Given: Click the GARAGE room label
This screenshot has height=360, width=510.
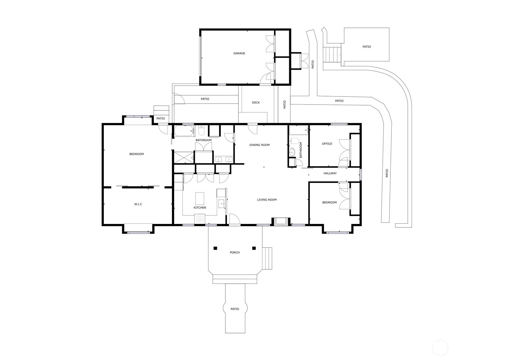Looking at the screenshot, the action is [x=239, y=53].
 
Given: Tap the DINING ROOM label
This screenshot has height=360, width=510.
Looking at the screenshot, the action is [x=259, y=145].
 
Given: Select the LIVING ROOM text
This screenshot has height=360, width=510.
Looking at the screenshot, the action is [x=267, y=200].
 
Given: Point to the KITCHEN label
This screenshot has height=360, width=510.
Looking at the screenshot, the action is [x=200, y=208].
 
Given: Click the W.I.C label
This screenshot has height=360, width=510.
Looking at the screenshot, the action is [x=138, y=204].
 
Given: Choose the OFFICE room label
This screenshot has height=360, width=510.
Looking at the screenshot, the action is [x=327, y=144].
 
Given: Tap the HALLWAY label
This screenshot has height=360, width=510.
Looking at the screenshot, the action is [x=330, y=173].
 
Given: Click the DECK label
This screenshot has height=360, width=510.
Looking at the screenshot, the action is [x=256, y=103].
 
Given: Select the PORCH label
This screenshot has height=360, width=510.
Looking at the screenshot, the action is [x=235, y=252].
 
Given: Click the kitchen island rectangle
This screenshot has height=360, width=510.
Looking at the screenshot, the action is [x=200, y=199].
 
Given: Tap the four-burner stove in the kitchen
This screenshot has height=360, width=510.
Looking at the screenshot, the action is [x=200, y=220].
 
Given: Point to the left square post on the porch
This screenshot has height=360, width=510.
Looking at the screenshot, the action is [x=215, y=248].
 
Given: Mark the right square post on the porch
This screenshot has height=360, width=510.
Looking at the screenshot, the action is [x=254, y=248].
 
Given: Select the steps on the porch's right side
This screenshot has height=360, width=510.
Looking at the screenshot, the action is [x=267, y=258].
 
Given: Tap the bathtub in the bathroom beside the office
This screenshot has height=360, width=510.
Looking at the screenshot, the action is [x=299, y=130].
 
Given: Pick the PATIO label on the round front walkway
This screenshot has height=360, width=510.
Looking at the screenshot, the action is [x=235, y=309].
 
